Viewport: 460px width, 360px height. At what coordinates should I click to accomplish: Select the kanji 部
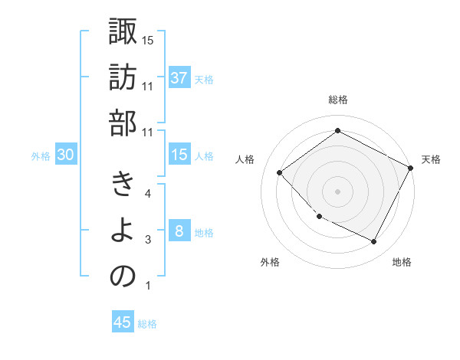(x=123, y=123)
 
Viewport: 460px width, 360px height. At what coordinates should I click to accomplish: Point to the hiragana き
(x=123, y=185)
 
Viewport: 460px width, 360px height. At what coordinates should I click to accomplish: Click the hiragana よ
(x=123, y=231)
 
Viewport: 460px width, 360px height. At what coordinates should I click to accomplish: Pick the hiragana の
(x=123, y=277)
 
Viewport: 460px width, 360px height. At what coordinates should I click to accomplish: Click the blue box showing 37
(x=179, y=77)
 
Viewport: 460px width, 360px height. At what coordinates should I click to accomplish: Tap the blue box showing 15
(x=179, y=155)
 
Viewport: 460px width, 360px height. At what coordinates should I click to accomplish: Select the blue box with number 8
(x=179, y=231)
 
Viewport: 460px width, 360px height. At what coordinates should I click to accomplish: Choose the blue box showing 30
(x=66, y=155)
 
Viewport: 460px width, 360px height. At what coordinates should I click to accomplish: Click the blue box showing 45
(x=123, y=322)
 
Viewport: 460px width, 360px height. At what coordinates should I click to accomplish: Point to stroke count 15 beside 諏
(x=148, y=40)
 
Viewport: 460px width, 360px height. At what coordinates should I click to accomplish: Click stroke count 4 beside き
(x=147, y=194)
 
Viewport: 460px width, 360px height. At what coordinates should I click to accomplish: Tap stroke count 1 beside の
(x=147, y=286)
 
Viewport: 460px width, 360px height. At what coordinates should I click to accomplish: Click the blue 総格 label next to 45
(x=148, y=324)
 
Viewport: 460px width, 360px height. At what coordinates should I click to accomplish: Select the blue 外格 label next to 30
(x=41, y=156)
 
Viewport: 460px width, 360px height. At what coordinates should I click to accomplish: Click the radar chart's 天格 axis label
(x=431, y=159)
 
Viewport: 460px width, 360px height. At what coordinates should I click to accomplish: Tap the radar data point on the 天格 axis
(x=410, y=168)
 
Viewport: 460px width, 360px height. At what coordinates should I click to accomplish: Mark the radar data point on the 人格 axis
(x=280, y=173)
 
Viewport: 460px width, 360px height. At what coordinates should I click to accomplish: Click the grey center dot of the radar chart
(x=337, y=191)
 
